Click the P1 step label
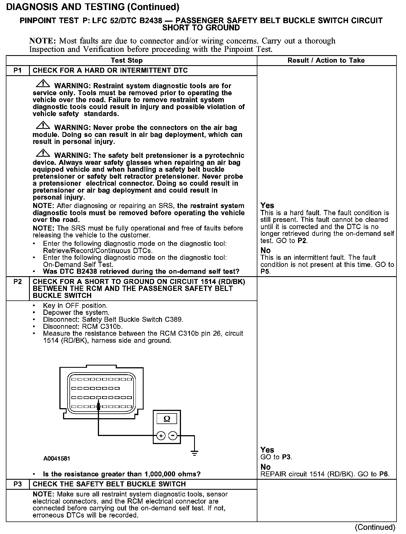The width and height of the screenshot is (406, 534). [x=18, y=70]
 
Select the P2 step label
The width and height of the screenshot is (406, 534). [x=18, y=281]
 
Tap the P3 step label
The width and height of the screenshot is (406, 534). [x=18, y=484]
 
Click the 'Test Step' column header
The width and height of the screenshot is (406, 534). [x=127, y=60]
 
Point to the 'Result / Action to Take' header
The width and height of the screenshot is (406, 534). [x=326, y=60]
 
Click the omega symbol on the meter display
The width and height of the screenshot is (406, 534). [x=167, y=419]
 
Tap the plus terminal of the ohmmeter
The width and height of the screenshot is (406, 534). [x=161, y=435]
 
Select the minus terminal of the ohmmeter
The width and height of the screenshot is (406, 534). [x=173, y=435]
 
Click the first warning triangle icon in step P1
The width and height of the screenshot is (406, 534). [x=43, y=84]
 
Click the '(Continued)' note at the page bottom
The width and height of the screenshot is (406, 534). [x=375, y=527]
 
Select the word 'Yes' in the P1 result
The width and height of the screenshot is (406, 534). [x=267, y=205]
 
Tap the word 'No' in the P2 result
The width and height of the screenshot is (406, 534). [x=265, y=467]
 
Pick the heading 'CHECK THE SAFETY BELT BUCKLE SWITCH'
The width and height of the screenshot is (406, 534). [x=109, y=484]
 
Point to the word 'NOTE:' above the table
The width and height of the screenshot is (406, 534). [x=43, y=41]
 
